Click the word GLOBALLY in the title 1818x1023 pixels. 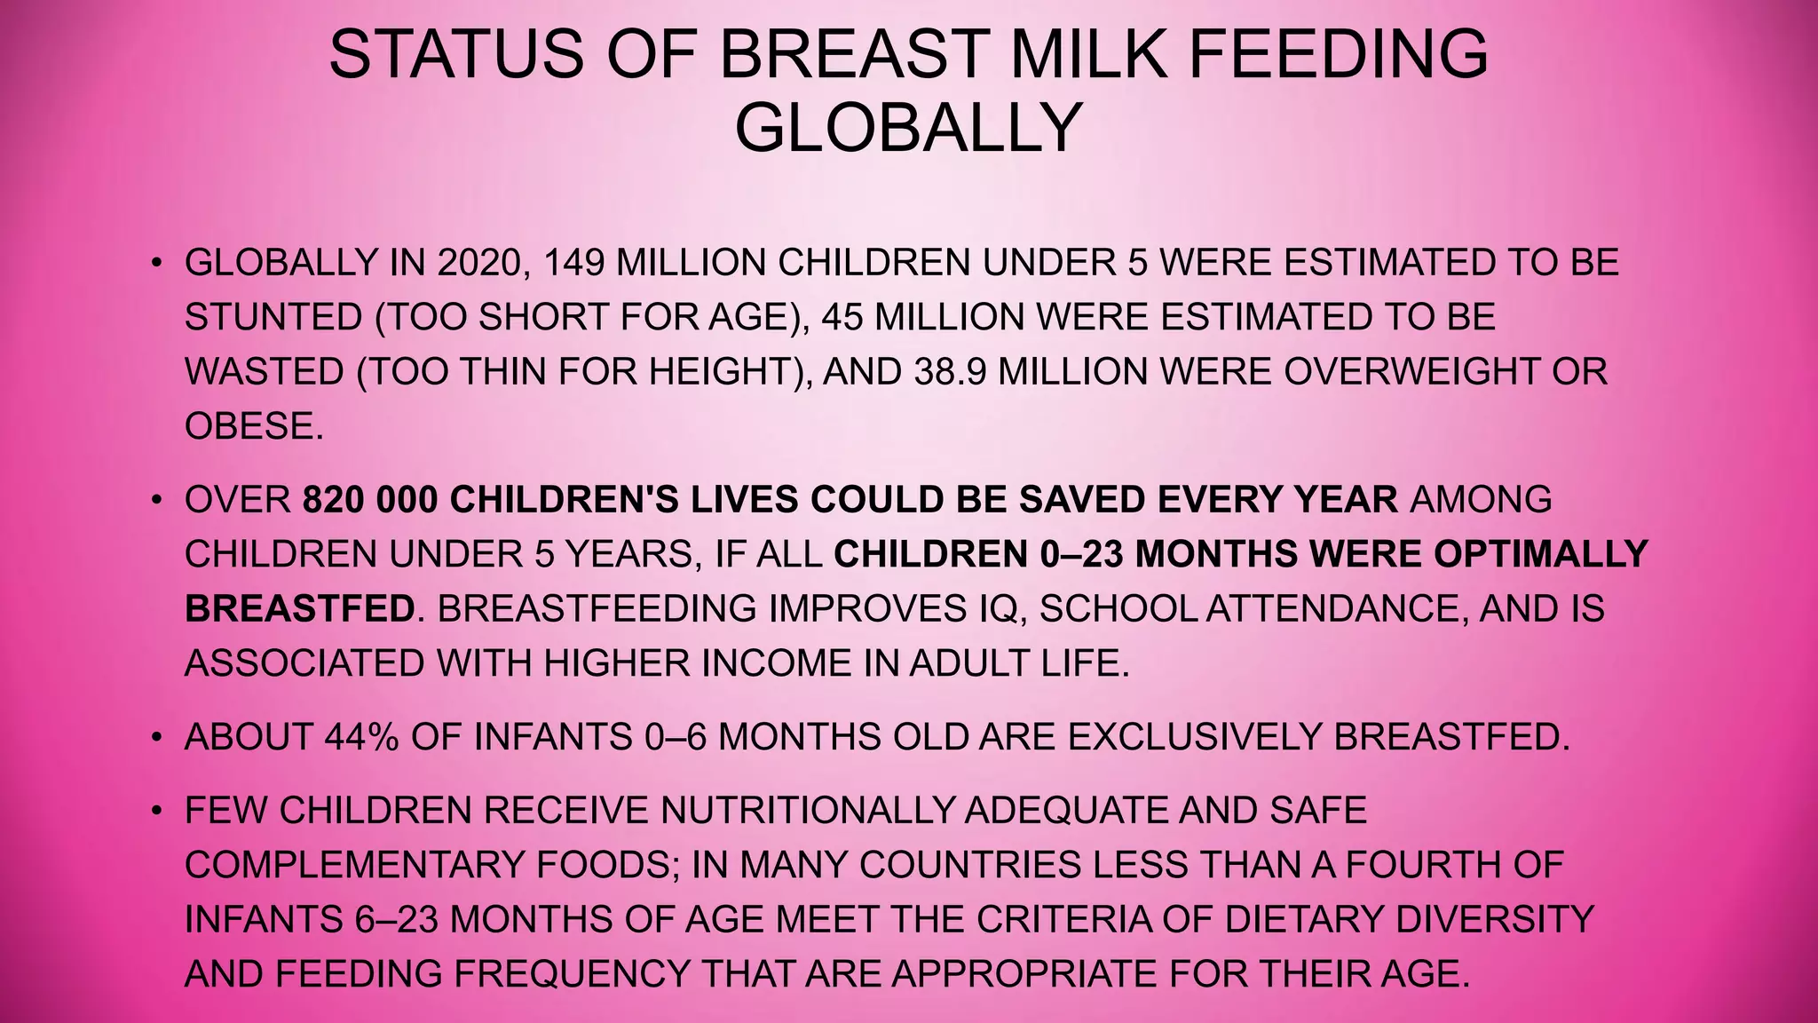coord(908,128)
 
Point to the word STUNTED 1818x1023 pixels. coord(273,318)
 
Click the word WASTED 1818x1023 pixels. coord(264,372)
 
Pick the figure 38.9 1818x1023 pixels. coord(949,372)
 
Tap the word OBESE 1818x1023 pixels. coord(254,427)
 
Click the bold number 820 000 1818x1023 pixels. coord(370,500)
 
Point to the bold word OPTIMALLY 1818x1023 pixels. coord(1541,555)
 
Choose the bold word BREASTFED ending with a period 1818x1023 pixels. coord(300,609)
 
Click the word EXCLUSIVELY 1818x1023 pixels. coord(1194,738)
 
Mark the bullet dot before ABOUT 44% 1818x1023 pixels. coord(157,738)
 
